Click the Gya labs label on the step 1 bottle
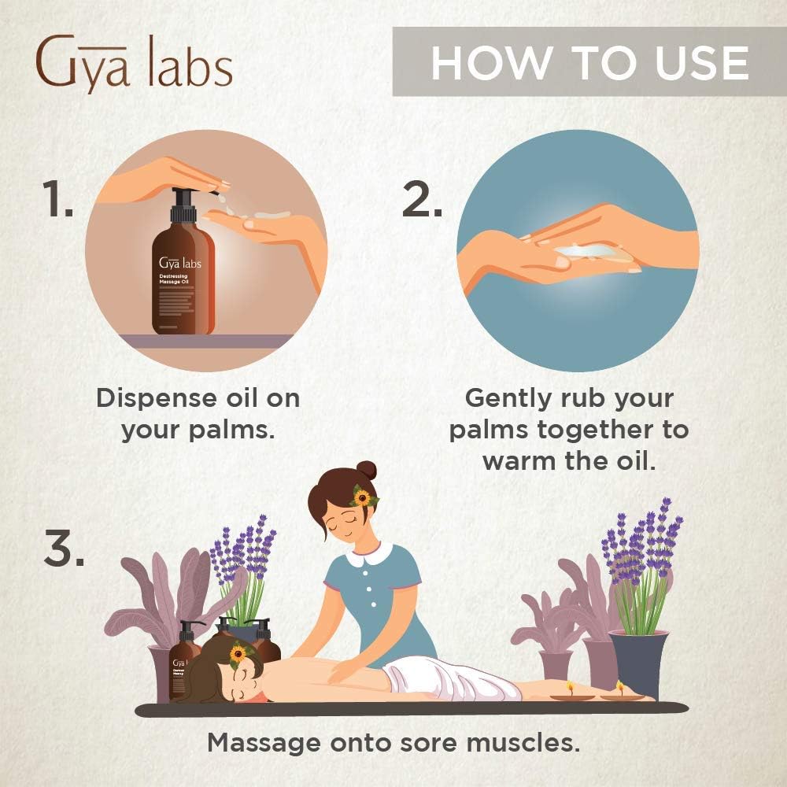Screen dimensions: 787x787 [179, 263]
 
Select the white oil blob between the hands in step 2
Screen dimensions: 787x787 [586, 250]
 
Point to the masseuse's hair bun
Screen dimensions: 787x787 [367, 471]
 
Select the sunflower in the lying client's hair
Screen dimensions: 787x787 [237, 653]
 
